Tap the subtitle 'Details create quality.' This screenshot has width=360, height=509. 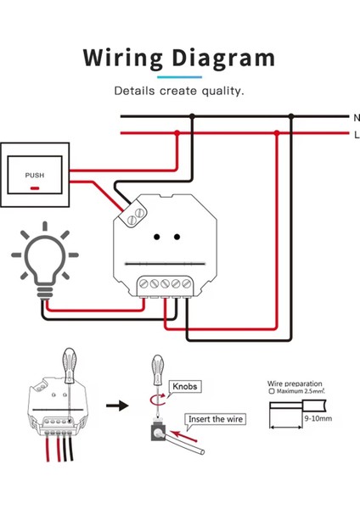(x=179, y=90)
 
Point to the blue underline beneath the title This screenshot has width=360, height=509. (x=179, y=76)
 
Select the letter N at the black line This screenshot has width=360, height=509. (x=356, y=116)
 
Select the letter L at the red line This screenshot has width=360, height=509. (x=356, y=135)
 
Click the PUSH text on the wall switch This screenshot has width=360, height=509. (x=35, y=176)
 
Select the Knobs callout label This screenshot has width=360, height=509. (x=186, y=386)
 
